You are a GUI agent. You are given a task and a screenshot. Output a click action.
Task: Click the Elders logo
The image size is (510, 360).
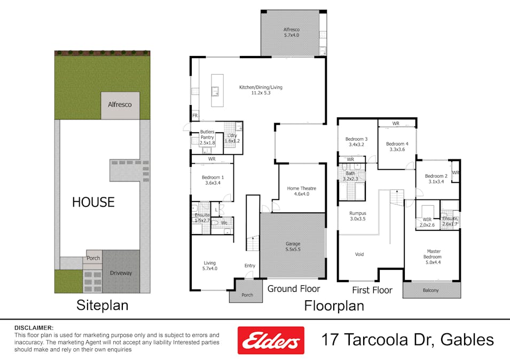(271, 340)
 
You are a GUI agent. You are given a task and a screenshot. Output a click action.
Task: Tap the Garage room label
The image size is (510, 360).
(292, 247)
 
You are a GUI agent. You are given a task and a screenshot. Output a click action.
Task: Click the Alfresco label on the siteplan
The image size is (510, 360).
(120, 105)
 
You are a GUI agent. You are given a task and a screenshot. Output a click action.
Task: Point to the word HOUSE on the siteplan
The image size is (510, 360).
(93, 202)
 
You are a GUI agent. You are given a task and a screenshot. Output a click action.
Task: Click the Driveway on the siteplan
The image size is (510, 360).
(121, 273)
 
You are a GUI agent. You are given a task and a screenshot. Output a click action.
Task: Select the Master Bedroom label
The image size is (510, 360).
(433, 254)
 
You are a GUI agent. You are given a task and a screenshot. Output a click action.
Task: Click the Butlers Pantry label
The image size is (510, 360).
(207, 137)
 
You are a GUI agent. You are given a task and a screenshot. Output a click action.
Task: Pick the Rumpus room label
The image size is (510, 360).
(358, 215)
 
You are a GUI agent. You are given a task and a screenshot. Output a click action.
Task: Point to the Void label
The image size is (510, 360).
(359, 254)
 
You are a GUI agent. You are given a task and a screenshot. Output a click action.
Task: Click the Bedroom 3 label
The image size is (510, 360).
(357, 141)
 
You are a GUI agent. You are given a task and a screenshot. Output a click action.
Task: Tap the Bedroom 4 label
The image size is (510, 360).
(397, 147)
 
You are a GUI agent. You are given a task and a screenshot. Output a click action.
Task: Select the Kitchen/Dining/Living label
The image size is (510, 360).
(260, 90)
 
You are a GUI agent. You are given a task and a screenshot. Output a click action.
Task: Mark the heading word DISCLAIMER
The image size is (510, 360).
(34, 327)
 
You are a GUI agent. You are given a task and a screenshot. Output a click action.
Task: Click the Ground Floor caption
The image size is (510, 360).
(294, 289)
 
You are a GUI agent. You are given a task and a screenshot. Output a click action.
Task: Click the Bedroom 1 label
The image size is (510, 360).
(213, 180)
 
